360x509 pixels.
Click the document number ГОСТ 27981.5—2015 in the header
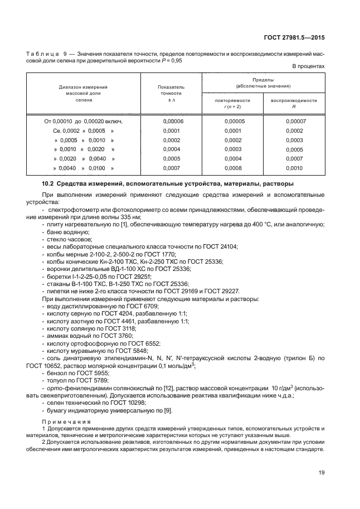point(294,38)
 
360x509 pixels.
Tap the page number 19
point(321,473)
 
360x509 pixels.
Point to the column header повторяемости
point(232,100)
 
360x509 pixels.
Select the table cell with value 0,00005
point(232,120)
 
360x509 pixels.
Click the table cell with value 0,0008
point(232,168)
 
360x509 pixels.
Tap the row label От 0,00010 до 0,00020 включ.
point(83,120)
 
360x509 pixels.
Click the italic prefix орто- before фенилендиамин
point(54,388)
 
